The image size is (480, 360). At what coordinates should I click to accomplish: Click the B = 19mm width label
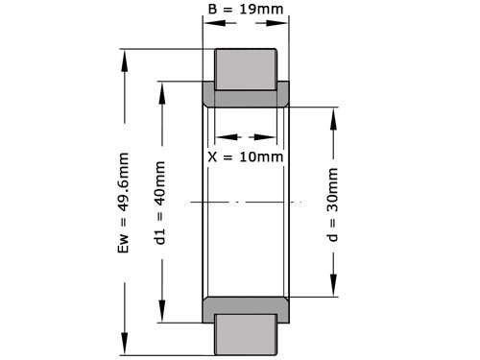[x=245, y=11]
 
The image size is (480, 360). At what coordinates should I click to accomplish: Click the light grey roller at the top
[x=245, y=69]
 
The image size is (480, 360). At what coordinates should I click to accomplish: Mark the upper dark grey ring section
[x=246, y=97]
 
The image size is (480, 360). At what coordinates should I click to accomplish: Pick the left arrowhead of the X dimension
[x=219, y=136]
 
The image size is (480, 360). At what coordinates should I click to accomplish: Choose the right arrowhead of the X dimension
[x=274, y=136]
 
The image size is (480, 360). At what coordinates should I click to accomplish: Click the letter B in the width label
[x=212, y=11]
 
